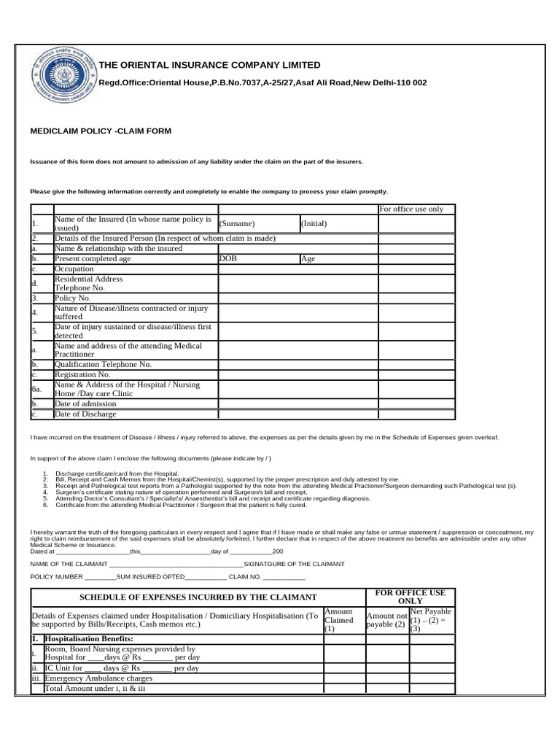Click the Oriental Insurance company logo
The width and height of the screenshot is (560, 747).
pos(61,76)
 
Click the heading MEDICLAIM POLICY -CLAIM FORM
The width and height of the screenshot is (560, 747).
pos(101,131)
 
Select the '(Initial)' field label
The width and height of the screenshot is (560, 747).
pos(314,224)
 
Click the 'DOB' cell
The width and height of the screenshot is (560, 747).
pos(228,258)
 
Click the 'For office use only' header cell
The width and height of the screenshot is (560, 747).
pos(411,209)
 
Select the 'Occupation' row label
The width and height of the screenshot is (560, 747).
pos(74,268)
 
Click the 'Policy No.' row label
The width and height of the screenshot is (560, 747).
pos(72,298)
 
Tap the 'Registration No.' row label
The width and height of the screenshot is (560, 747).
pos(83,374)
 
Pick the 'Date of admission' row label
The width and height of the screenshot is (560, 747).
pos(85,403)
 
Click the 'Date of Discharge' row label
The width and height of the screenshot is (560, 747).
pos(85,414)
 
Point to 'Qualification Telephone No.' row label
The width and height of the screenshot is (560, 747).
pos(103,364)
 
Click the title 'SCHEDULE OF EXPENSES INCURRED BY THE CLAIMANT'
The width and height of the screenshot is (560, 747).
pos(198,597)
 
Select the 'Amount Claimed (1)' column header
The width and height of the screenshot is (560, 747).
pos(338,620)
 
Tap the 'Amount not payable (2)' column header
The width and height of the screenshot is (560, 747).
pos(386,620)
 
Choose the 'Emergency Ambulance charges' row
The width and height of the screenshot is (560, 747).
pos(100,678)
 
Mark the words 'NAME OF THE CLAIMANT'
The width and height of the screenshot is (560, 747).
pos(68,564)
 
